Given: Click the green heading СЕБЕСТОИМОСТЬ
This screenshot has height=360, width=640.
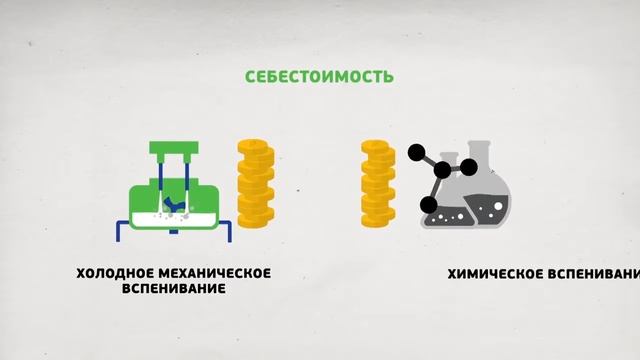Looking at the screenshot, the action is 320,76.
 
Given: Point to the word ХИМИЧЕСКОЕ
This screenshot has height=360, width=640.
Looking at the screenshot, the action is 493,273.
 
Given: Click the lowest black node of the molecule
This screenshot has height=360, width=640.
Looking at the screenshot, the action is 428,206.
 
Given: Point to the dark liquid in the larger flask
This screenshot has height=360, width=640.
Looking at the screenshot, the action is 491,211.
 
